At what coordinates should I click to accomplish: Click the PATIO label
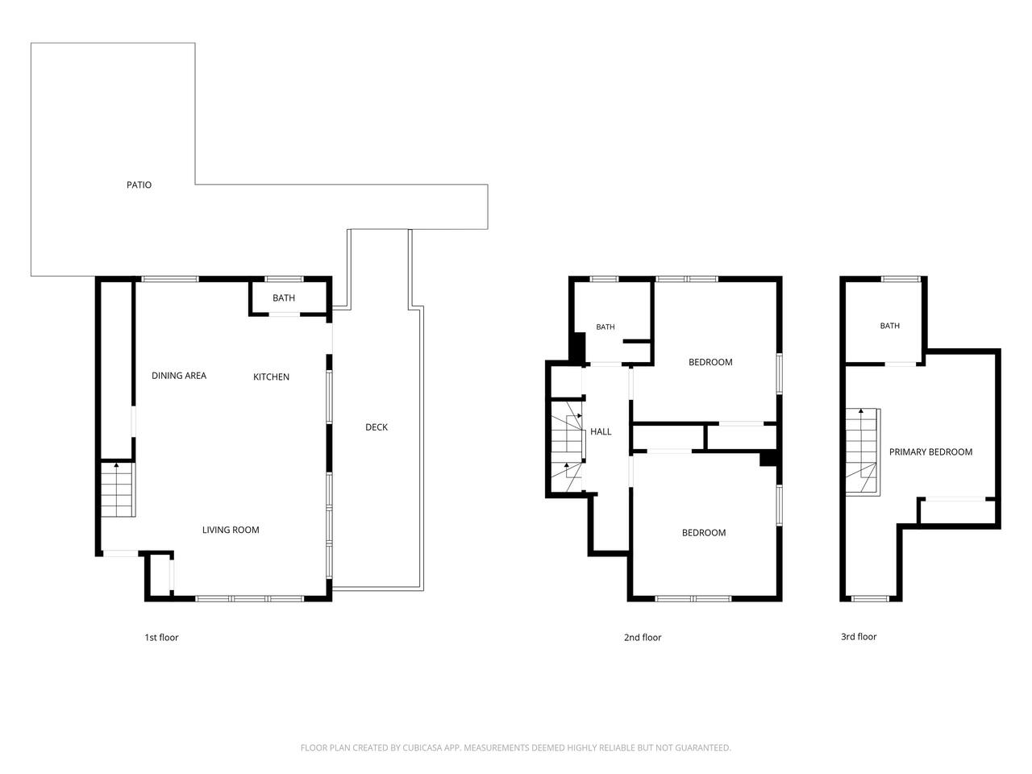139,185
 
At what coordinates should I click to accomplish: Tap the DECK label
377,427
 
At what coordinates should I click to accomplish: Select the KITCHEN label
271,377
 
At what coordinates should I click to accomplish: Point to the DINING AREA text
179,375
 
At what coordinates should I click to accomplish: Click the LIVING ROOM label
231,530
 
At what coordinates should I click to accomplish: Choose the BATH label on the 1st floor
284,298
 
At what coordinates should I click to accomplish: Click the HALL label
601,431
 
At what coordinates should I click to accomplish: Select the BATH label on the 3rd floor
889,325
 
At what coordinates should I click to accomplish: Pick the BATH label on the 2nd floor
605,327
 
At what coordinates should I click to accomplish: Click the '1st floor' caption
161,637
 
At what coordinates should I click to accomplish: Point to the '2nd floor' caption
643,637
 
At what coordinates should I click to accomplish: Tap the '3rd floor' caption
859,636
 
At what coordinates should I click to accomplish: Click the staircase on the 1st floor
118,489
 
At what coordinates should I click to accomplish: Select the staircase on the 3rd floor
862,451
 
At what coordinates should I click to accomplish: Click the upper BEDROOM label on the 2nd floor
710,362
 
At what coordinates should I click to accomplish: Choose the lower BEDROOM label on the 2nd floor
703,532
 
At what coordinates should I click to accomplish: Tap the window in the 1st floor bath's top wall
284,279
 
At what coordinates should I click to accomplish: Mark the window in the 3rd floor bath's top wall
901,279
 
